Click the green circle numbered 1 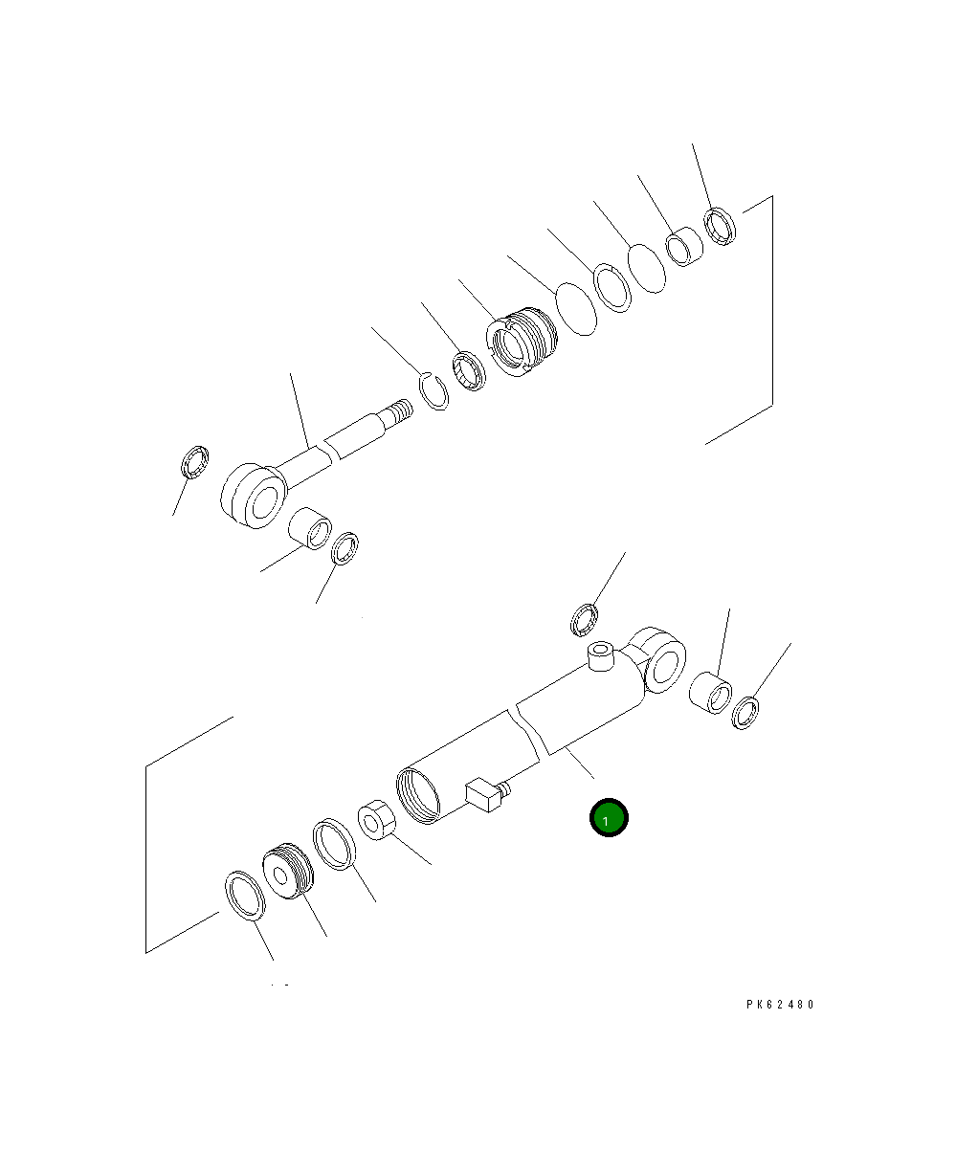[609, 817]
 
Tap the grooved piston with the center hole [288, 872]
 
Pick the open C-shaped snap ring [434, 391]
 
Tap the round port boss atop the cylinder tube [601, 655]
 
